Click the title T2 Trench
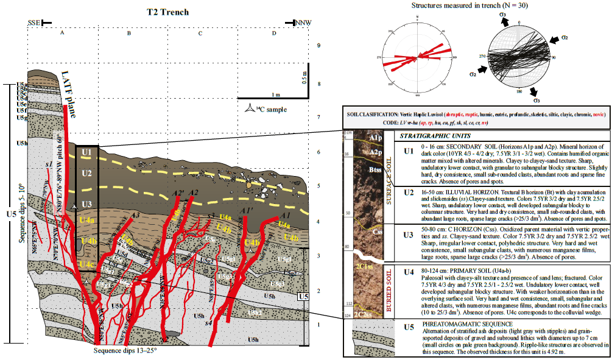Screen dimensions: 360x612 [x=168, y=12]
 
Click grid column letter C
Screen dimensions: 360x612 [x=200, y=33]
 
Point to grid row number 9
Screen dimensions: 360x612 [x=319, y=46]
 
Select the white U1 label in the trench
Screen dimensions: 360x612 [x=86, y=152]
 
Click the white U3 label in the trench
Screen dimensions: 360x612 [x=86, y=204]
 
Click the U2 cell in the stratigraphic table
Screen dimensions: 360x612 [x=409, y=193]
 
